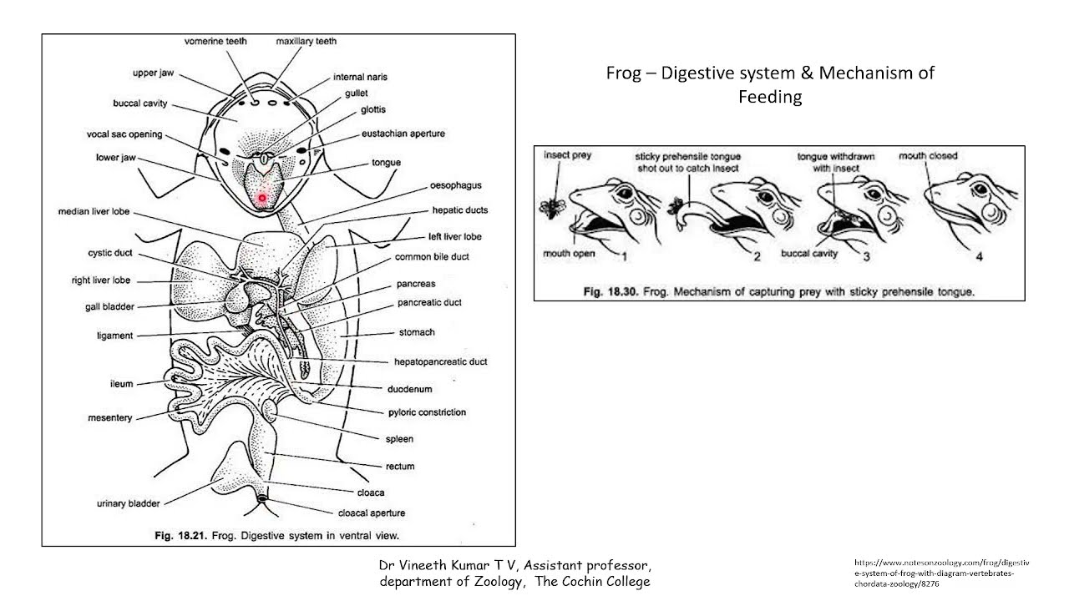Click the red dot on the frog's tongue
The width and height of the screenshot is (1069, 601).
click(262, 198)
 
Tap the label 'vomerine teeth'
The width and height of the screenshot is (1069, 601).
click(215, 42)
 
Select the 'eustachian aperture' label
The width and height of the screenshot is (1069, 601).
click(403, 134)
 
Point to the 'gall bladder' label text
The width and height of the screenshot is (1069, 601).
click(109, 306)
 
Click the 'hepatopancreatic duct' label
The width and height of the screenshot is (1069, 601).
click(440, 361)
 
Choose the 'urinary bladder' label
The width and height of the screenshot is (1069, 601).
click(129, 503)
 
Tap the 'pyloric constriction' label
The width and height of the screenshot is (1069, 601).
click(427, 412)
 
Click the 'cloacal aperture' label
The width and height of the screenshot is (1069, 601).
click(372, 513)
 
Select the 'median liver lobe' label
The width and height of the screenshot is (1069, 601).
click(94, 211)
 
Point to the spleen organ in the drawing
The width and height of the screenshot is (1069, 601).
click(270, 408)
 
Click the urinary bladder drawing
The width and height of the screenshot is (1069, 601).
click(232, 470)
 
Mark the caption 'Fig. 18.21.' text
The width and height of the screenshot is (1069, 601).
click(181, 536)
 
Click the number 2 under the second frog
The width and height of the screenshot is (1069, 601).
click(757, 256)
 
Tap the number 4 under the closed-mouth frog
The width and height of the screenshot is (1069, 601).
click(980, 256)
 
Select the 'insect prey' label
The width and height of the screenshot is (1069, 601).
click(567, 155)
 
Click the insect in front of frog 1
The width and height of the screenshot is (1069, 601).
click(553, 208)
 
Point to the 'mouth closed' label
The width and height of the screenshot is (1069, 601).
click(928, 156)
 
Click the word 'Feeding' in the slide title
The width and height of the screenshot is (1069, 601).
click(770, 97)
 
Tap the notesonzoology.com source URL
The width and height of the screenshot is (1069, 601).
click(941, 573)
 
